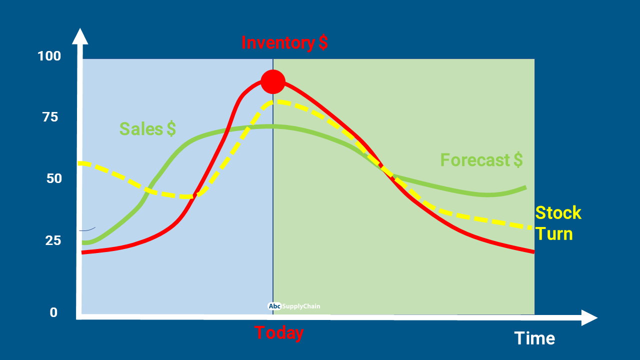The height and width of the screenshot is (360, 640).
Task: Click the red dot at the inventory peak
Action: click(273, 81)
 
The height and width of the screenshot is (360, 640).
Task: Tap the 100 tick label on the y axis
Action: click(49, 56)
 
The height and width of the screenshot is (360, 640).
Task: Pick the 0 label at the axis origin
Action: click(53, 312)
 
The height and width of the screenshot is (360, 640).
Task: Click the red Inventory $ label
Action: click(284, 43)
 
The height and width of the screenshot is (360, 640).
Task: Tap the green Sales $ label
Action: click(147, 129)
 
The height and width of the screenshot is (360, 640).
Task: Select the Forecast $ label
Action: click(481, 160)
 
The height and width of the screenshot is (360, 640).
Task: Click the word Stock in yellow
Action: click(558, 213)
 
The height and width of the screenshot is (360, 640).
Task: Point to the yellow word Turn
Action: click(553, 233)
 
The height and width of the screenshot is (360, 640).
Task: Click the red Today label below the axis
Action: click(279, 332)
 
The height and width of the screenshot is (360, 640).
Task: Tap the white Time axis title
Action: click(534, 338)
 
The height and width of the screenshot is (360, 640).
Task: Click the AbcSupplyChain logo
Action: click(294, 306)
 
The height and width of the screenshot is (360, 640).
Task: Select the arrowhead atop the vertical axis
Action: click(80, 36)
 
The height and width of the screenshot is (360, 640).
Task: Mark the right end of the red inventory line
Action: click(533, 251)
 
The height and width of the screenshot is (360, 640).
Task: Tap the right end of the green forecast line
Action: click(525, 187)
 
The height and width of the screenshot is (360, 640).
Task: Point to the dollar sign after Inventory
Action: click(323, 43)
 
